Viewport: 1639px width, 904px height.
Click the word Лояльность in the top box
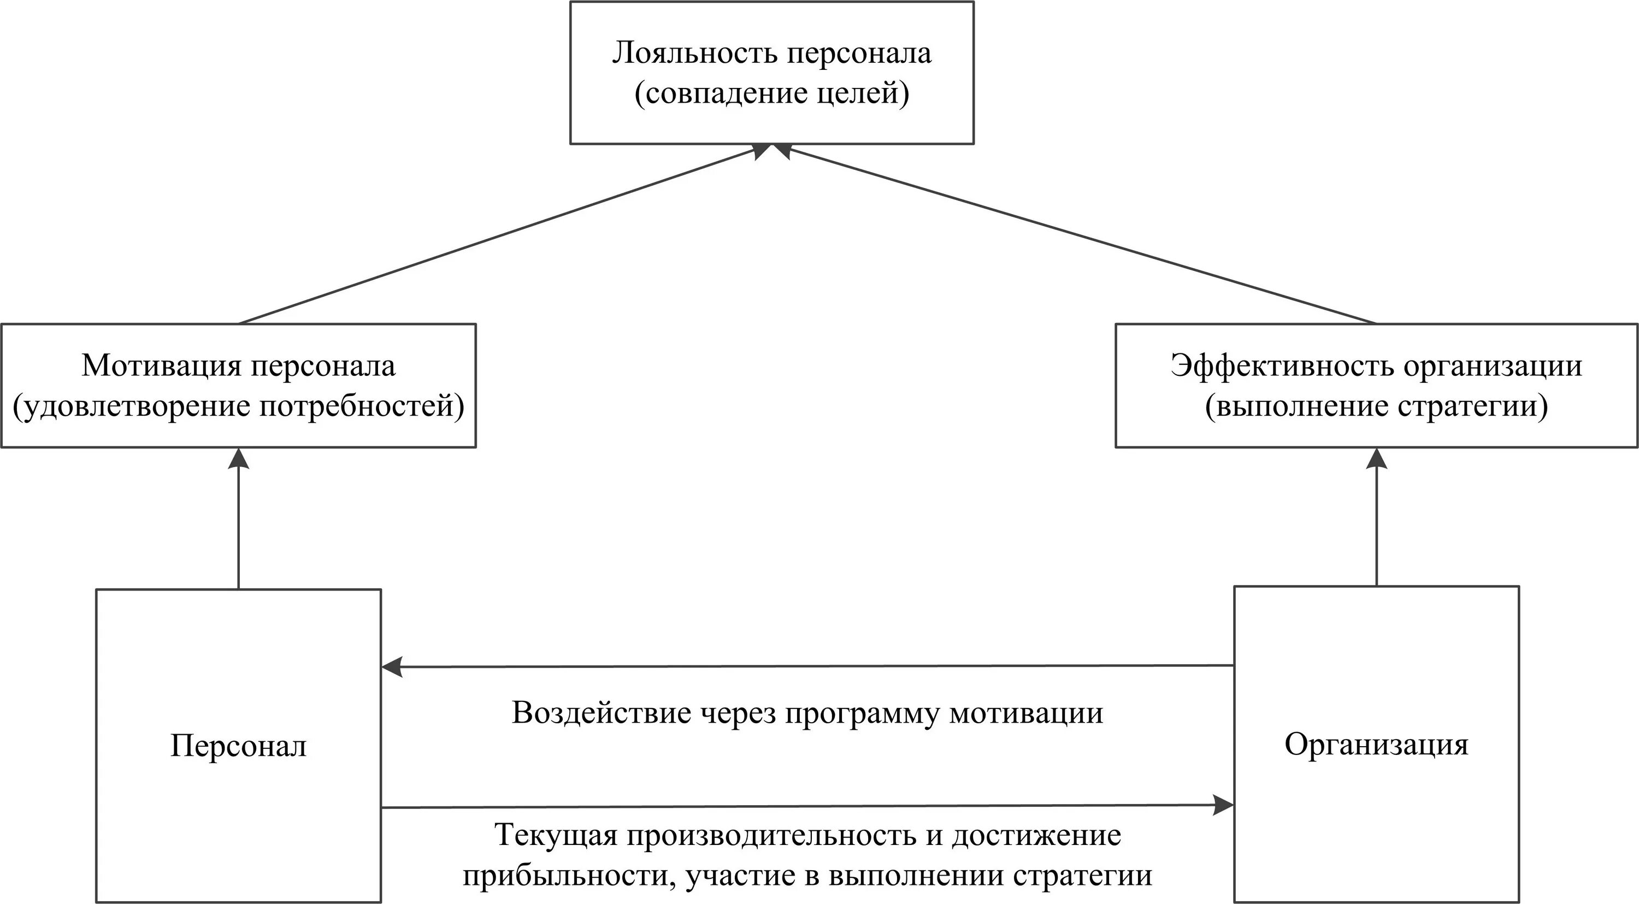tap(694, 54)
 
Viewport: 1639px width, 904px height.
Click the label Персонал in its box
tap(239, 746)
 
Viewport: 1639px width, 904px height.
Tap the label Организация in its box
tap(1376, 745)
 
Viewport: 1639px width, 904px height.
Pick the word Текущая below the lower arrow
tap(556, 835)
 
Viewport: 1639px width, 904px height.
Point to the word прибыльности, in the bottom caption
tap(564, 876)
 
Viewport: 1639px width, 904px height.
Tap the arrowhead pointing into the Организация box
tap(1223, 805)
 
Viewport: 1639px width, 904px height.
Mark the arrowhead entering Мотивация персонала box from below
tap(239, 458)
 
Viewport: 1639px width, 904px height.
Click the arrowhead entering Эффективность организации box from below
tap(1377, 458)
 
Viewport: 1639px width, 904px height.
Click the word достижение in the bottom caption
tap(1036, 835)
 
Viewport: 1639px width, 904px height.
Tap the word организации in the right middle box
tap(1492, 367)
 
